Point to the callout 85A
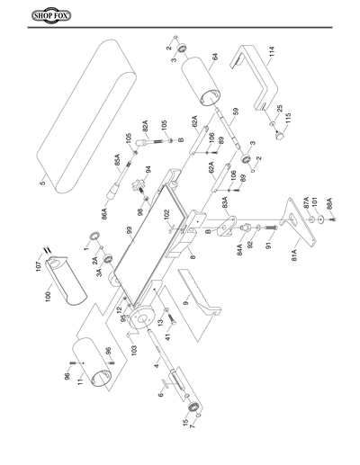point(117,161)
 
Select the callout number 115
point(288,118)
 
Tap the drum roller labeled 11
point(94,364)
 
